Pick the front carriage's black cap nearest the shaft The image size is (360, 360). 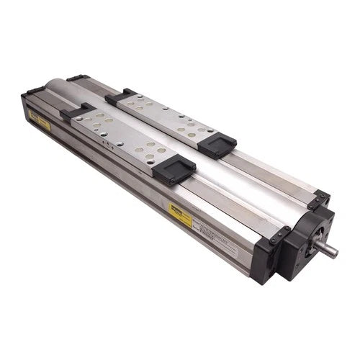coord(175,171)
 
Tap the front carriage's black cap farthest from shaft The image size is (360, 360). coord(75,112)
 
